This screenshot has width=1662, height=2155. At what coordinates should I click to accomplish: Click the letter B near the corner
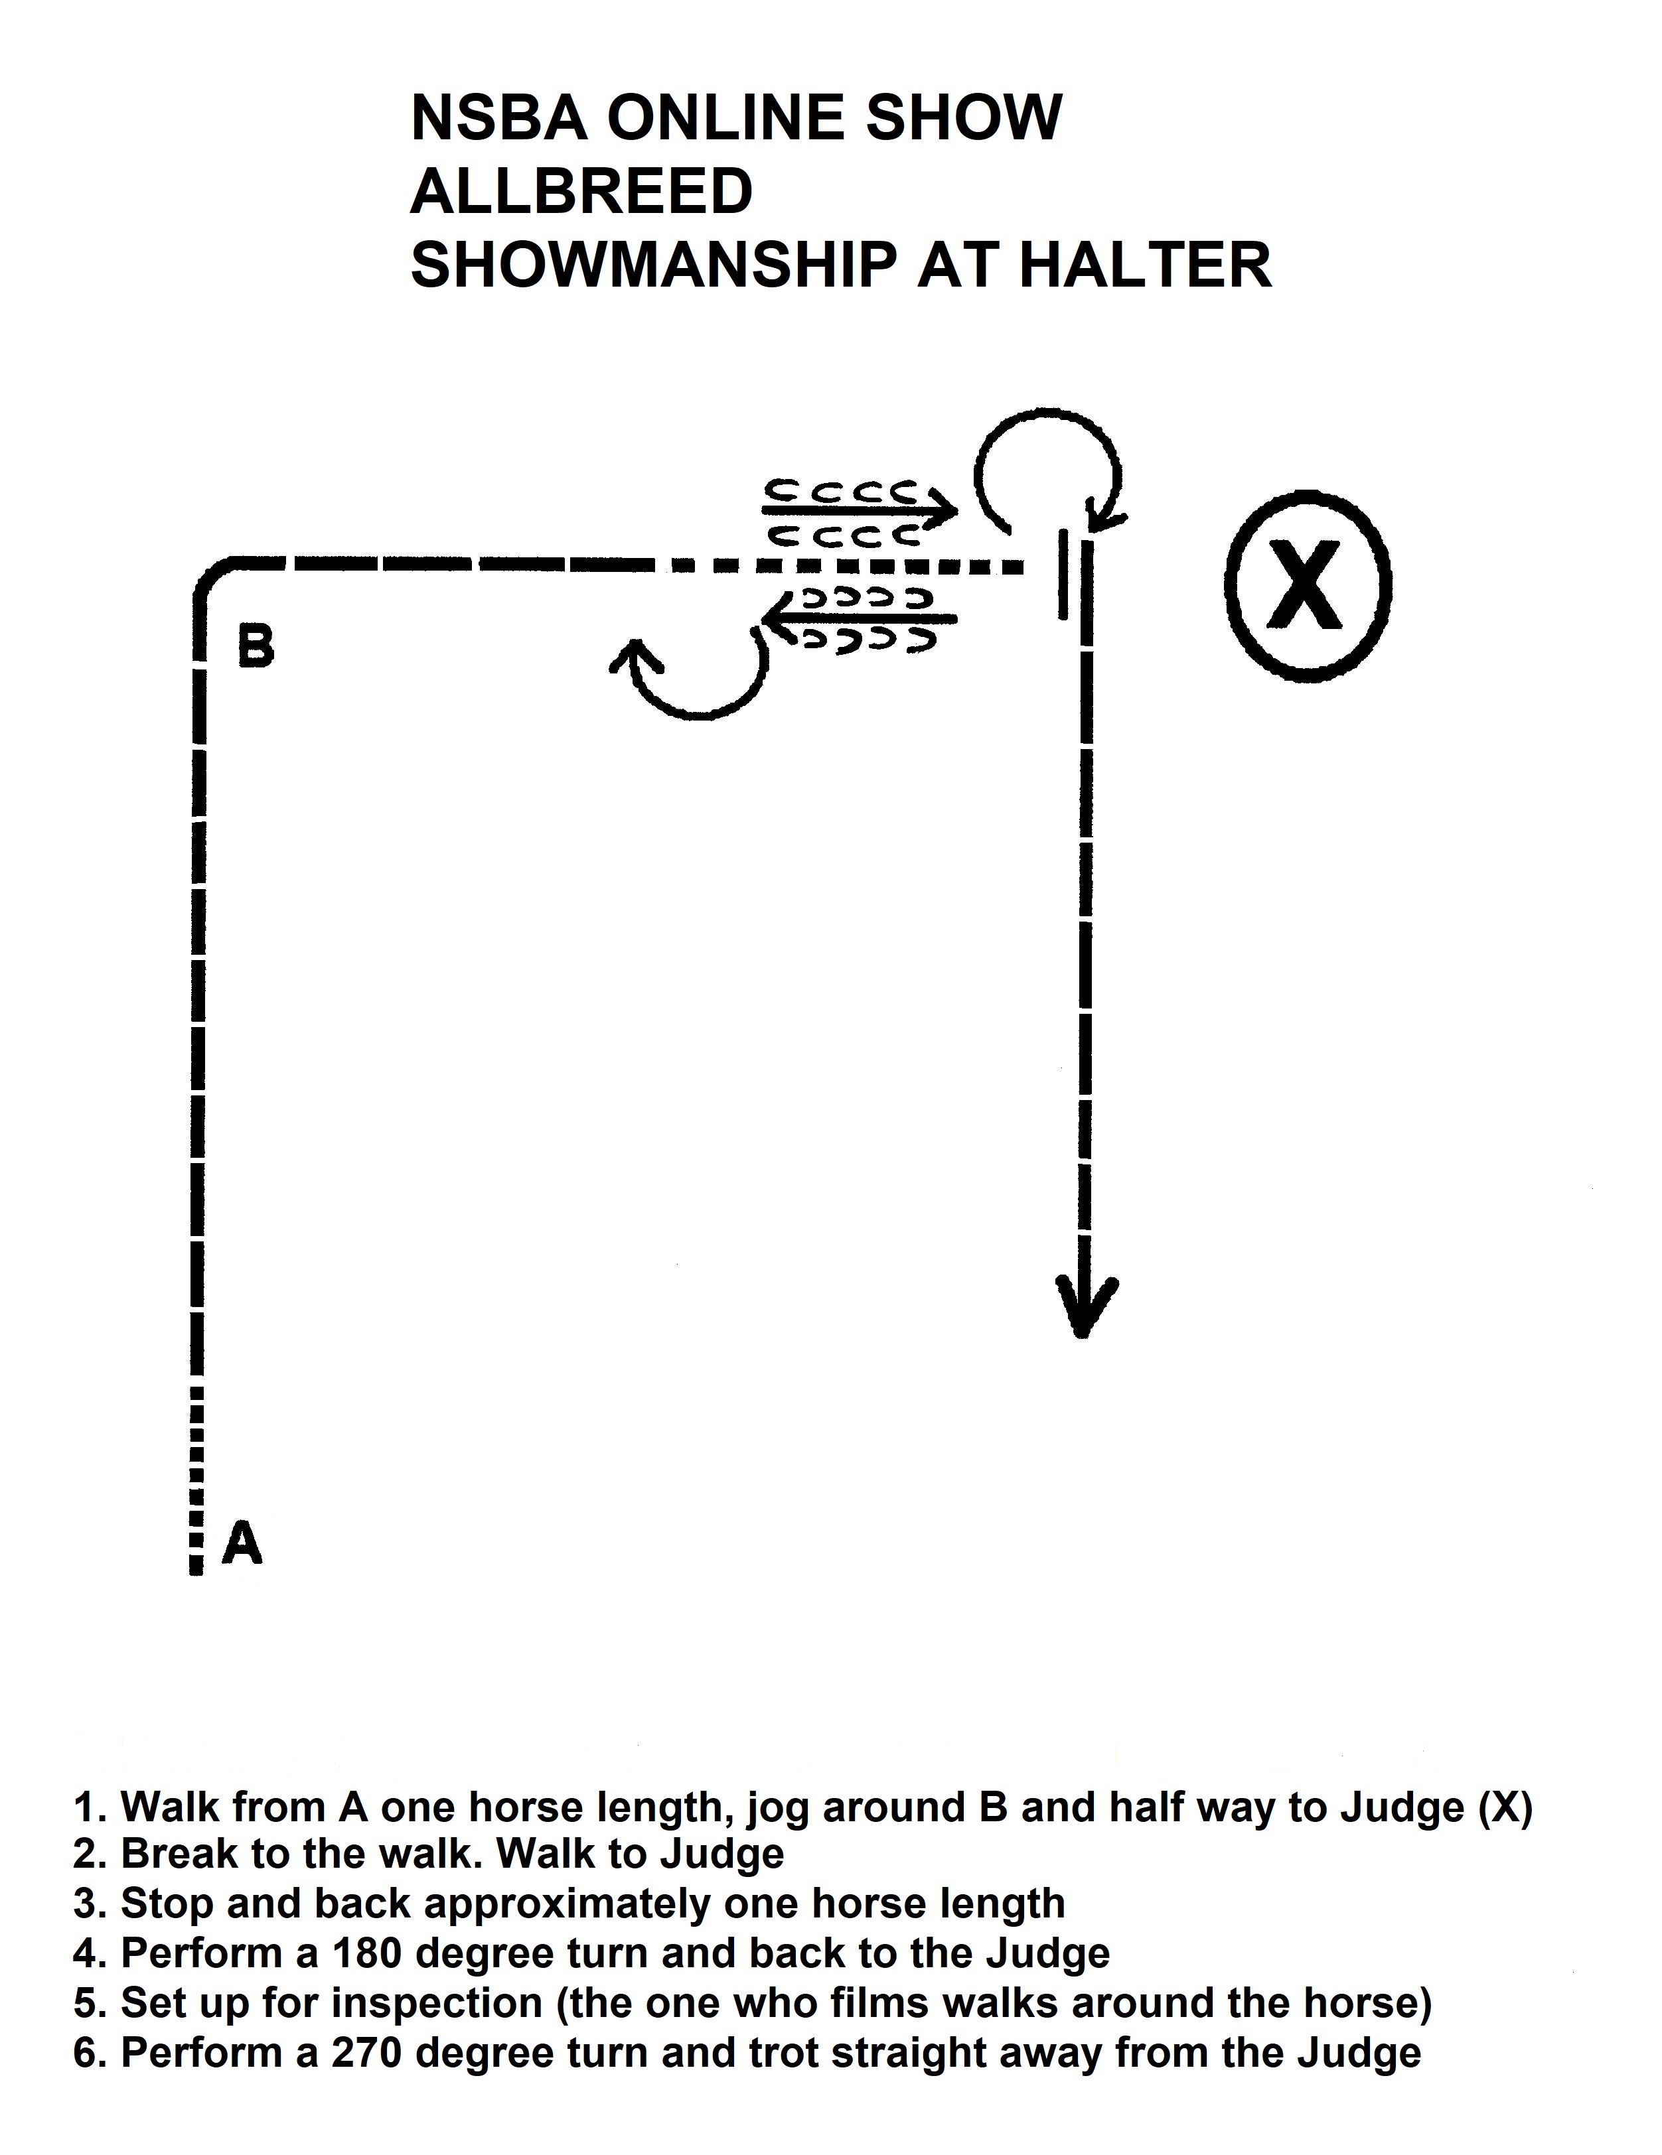(256, 648)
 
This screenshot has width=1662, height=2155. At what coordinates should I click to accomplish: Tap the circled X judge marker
(1307, 585)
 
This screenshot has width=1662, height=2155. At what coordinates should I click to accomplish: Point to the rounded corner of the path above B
(215, 577)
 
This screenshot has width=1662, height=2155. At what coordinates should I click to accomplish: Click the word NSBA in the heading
(498, 117)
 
